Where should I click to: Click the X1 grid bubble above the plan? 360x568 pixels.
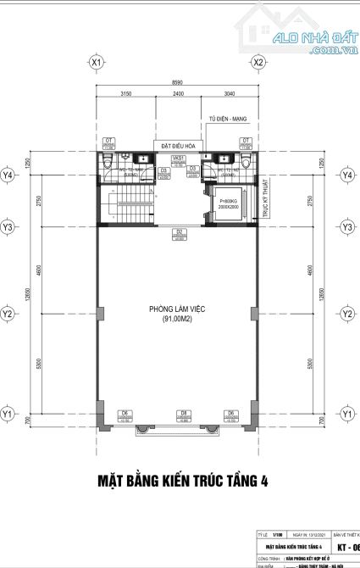pyautogui.click(x=97, y=63)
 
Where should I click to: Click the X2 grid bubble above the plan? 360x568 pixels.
pyautogui.click(x=259, y=63)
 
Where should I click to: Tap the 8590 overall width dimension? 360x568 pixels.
pyautogui.click(x=177, y=83)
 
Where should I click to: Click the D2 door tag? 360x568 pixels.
pyautogui.click(x=180, y=231)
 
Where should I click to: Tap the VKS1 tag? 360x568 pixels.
pyautogui.click(x=179, y=159)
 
